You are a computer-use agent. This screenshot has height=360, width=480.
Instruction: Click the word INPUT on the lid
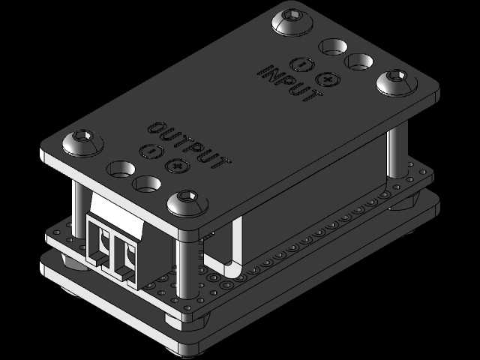(x=289, y=82)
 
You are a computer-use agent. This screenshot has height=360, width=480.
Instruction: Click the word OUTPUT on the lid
(x=189, y=145)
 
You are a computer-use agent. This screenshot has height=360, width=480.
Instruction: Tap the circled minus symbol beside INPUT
(x=302, y=64)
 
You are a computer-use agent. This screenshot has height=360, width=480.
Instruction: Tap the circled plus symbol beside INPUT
(x=328, y=79)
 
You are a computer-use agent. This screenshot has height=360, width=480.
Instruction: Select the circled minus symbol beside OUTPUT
(x=151, y=151)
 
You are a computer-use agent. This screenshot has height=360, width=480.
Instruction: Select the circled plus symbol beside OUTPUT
(x=178, y=166)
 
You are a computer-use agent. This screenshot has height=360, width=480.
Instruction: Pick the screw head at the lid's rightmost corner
(x=397, y=82)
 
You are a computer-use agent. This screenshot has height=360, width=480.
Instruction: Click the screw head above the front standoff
(x=187, y=202)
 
